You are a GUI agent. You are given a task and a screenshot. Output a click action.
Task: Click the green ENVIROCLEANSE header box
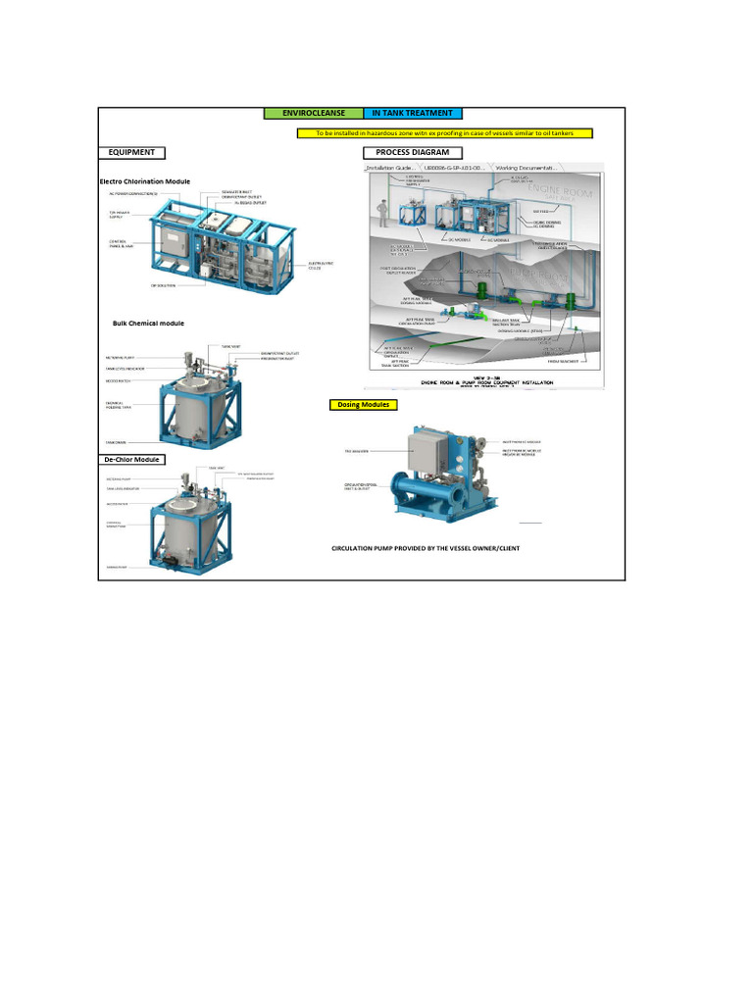coord(314,114)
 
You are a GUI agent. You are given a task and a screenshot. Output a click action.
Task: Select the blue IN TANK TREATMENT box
coord(413,114)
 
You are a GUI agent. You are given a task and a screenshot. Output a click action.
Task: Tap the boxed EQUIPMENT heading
coord(131,153)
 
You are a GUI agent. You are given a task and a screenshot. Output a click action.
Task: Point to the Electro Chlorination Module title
coord(144,181)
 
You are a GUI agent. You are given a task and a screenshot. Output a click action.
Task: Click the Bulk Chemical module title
coord(148,323)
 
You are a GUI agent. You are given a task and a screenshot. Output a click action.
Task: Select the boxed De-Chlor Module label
coord(131,459)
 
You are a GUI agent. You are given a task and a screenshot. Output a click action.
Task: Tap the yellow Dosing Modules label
coord(363,404)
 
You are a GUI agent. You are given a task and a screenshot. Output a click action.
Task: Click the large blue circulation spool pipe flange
coord(404,489)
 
